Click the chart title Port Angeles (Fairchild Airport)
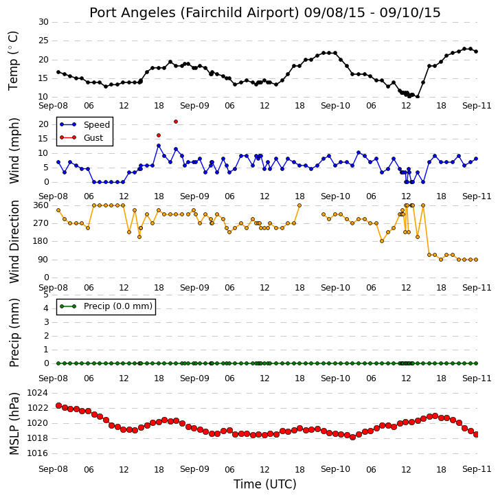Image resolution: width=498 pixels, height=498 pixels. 194,13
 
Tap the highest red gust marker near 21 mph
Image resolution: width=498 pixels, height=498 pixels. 176,122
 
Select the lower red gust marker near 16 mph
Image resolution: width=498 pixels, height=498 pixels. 159,135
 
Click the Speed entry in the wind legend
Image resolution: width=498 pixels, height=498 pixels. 97,124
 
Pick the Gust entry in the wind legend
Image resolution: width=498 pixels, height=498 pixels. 93,138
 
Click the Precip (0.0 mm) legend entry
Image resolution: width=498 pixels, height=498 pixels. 118,306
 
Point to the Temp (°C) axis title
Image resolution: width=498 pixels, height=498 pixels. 13,61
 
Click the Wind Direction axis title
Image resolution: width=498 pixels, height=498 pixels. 14,242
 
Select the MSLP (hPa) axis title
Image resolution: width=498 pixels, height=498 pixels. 14,423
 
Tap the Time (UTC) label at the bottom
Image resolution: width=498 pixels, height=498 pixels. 265,484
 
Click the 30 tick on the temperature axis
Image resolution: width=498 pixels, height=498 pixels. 43,22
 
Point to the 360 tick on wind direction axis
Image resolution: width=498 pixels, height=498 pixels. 41,205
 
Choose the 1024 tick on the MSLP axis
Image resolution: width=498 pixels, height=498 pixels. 38,393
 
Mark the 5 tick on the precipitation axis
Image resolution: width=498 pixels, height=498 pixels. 46,295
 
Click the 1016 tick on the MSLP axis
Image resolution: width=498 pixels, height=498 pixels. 38,453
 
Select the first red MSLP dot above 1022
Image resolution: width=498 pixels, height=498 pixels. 58,405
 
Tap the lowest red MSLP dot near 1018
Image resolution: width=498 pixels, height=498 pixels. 352,437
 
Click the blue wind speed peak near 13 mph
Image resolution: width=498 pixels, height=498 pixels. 159,146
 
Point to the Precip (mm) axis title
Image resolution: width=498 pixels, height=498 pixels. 14,332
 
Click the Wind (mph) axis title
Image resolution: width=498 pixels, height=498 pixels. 14,150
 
